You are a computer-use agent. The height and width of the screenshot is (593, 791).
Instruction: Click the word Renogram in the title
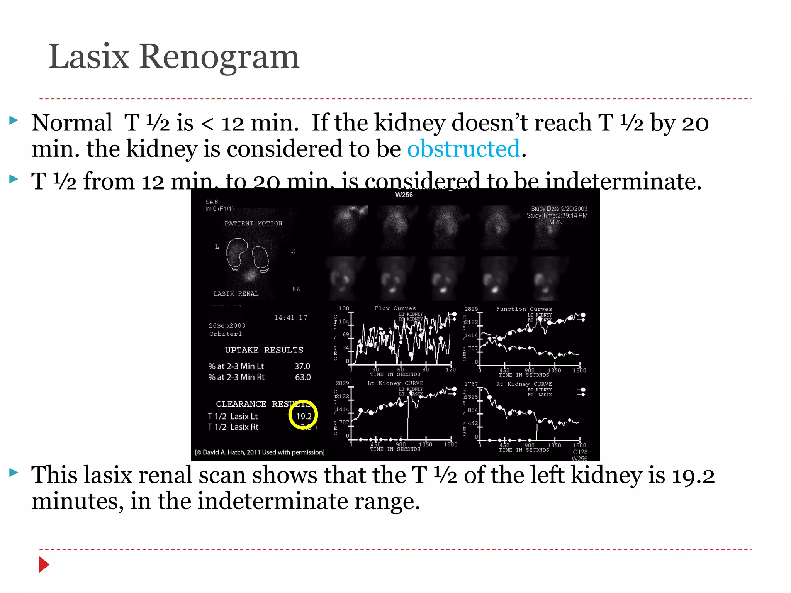(219, 57)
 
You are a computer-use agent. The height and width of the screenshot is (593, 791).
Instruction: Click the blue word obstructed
(463, 149)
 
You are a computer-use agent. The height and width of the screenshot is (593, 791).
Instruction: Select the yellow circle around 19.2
(303, 415)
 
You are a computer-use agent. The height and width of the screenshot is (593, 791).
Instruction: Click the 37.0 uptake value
(302, 366)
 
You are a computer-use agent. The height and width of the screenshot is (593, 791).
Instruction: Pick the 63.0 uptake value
(302, 377)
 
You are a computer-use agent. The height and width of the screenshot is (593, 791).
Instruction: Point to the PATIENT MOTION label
(253, 224)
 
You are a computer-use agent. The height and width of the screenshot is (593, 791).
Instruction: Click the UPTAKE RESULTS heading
(264, 350)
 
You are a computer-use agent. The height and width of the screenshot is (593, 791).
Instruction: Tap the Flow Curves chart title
(395, 308)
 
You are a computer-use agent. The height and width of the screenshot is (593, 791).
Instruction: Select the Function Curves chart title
(524, 309)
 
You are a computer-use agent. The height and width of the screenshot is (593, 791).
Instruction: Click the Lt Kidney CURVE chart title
(395, 383)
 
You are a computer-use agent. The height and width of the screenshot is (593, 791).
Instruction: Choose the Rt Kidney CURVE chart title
(524, 384)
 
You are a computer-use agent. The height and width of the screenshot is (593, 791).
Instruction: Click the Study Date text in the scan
(558, 209)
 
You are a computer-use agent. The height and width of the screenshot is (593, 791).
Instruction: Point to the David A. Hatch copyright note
(260, 452)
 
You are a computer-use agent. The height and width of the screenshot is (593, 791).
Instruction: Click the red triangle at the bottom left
(44, 564)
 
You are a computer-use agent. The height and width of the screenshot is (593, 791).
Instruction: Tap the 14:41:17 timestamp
(290, 318)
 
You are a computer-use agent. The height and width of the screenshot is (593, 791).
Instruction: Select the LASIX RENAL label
(236, 294)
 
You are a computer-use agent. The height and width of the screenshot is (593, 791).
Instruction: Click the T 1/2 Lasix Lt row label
(233, 416)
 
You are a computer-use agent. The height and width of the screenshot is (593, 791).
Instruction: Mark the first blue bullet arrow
(14, 120)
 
